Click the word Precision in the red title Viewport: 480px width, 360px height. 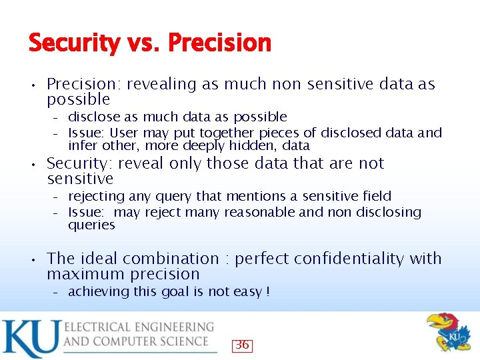coord(219,43)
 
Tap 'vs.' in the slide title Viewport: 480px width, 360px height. coord(144,43)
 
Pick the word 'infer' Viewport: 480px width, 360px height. coord(82,145)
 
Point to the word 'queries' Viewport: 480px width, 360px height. coord(91,225)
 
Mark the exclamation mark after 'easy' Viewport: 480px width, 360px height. coord(267,291)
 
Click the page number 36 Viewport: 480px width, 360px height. coord(242,345)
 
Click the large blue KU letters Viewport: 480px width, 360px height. coord(30,338)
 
